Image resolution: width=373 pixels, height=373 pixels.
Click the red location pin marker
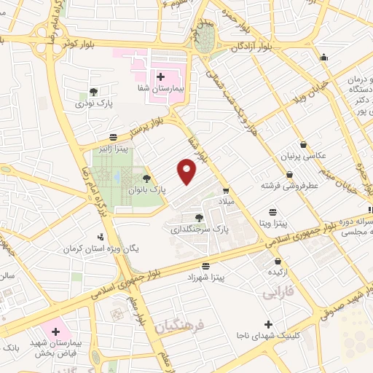coord(188,170)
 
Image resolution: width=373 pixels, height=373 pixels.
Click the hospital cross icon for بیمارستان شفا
coord(160,76)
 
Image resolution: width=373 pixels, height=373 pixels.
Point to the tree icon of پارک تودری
coord(93,92)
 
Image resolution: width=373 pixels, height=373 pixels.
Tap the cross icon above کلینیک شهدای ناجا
coord(269,323)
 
